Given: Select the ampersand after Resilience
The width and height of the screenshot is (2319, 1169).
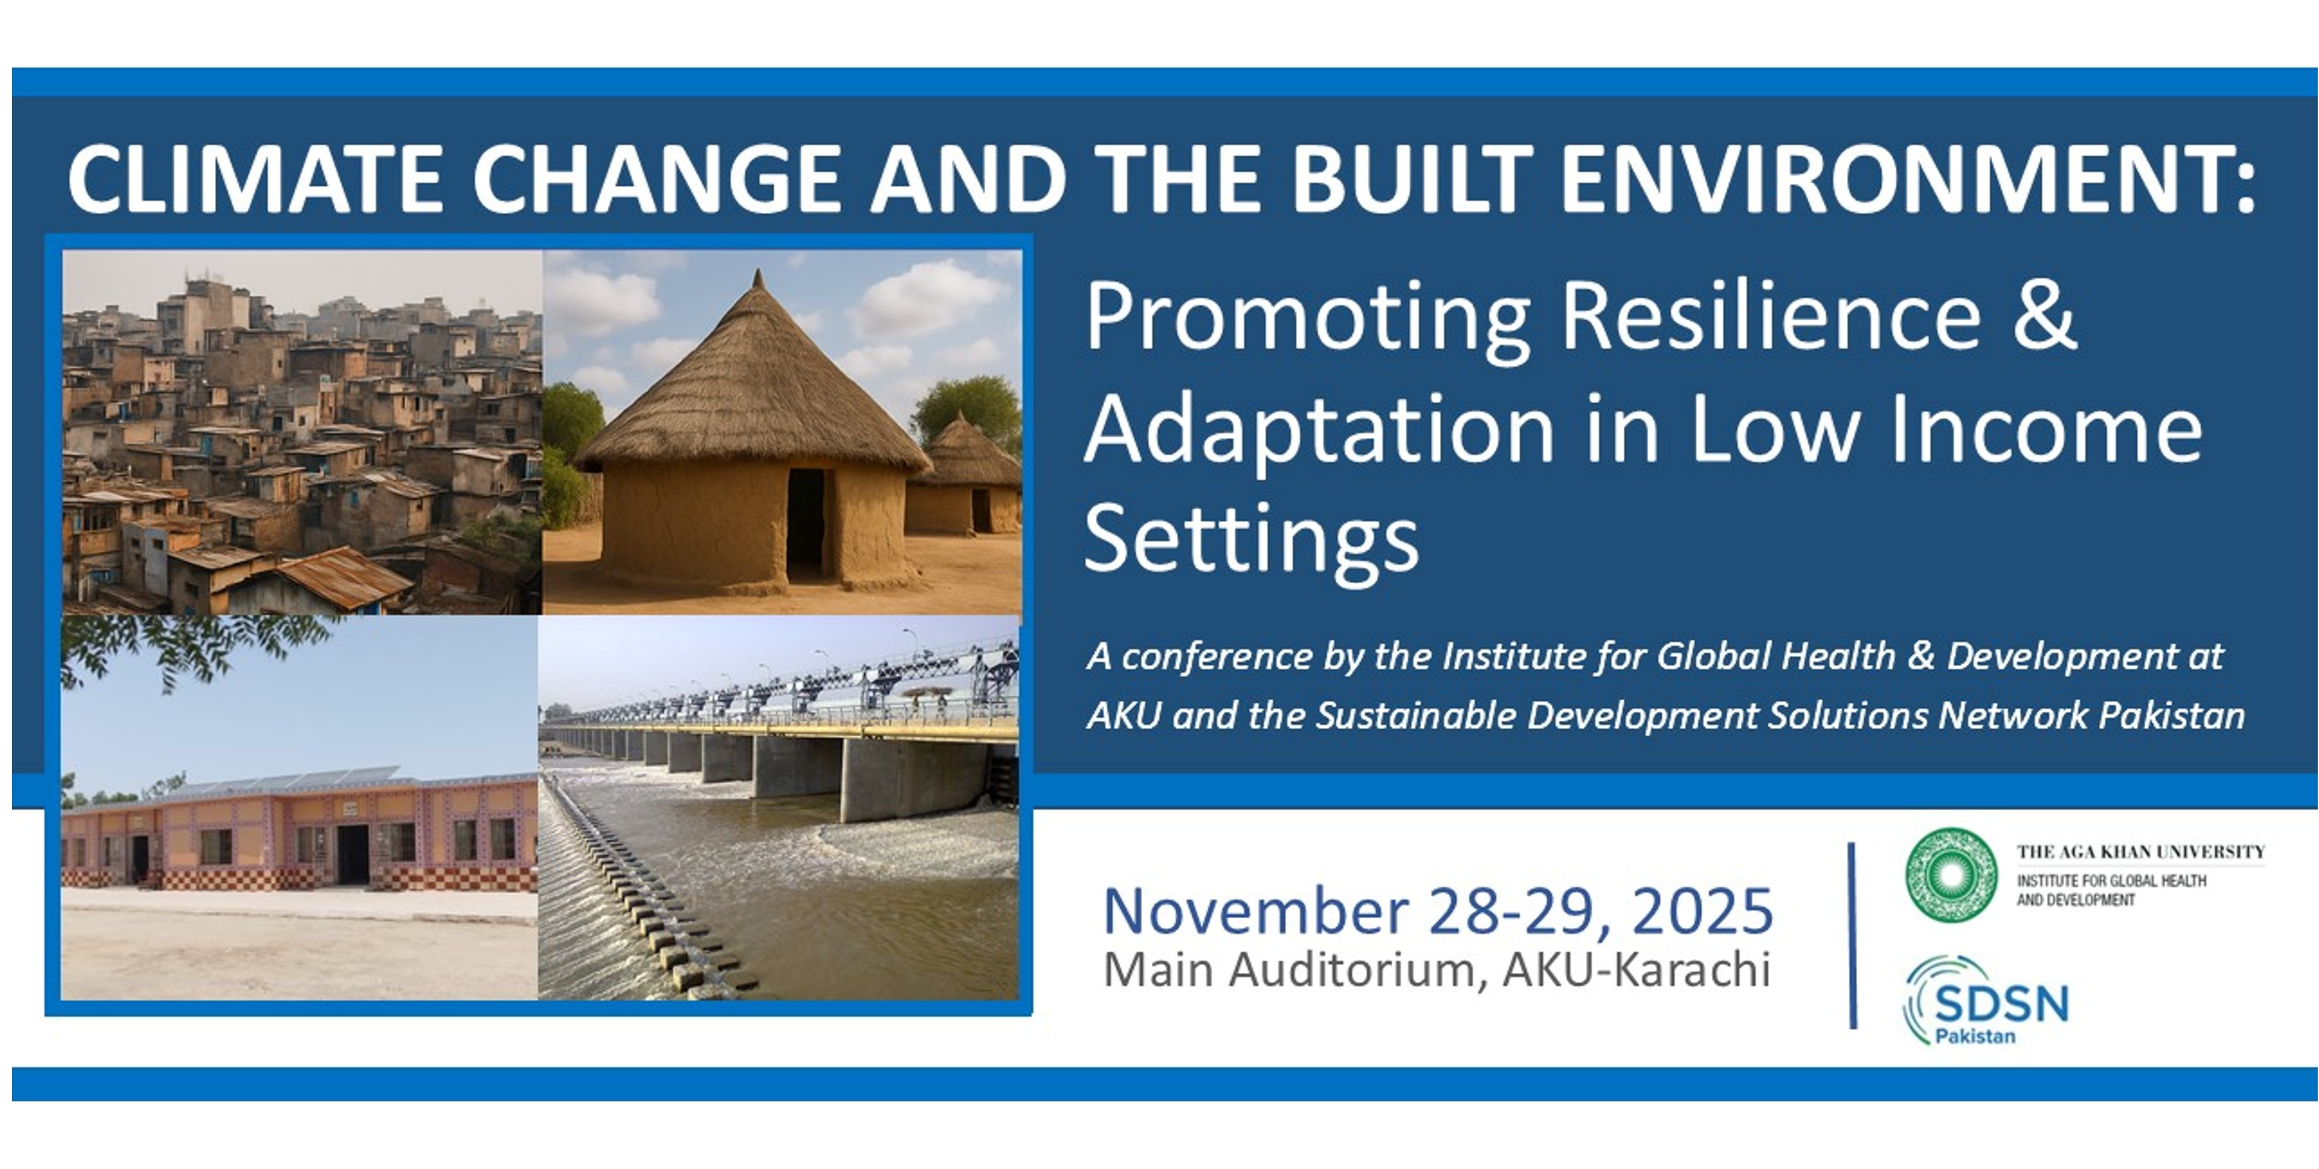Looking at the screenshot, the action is [x=2045, y=316].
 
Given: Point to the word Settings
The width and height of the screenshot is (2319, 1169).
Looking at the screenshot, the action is [x=1251, y=538].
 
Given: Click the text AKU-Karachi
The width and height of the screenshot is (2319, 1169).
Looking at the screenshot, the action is [x=1636, y=970].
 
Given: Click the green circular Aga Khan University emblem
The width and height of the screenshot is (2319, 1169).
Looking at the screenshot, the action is [x=1951, y=875].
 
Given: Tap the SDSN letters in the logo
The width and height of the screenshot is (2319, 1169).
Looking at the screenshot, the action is [x=2001, y=1003].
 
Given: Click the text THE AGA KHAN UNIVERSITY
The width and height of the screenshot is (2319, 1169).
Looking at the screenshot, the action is [x=2141, y=851].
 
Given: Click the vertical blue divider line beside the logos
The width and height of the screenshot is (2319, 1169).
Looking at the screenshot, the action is [x=1853, y=936].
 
